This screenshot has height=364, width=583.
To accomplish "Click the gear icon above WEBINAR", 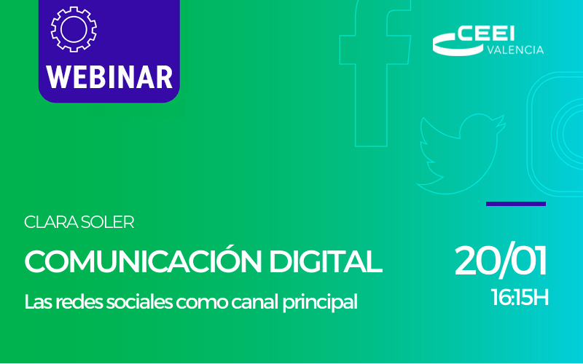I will (73, 28).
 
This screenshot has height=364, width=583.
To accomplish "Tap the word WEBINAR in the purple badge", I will (109, 76).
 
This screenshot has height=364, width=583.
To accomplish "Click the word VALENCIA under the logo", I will (514, 50).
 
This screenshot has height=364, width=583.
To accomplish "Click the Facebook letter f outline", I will (378, 66).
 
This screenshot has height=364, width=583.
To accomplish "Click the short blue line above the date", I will (515, 204).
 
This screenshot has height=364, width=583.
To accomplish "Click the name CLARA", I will (50, 223).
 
